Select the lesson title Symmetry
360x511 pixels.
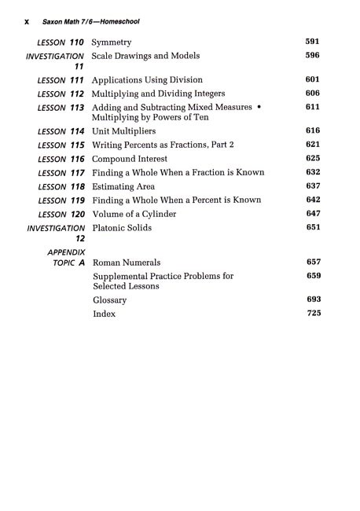coord(112,41)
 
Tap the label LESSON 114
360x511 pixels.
coord(61,131)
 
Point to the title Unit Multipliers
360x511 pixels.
coord(124,131)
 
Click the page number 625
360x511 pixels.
coord(312,159)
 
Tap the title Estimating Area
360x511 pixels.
coord(123,187)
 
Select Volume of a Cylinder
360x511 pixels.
coord(134,215)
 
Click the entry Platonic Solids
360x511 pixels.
coord(122,228)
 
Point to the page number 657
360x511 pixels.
coord(312,262)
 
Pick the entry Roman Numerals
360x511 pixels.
coord(127,263)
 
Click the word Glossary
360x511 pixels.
coord(110,300)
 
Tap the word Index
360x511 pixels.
coord(105,314)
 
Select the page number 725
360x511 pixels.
coord(312,314)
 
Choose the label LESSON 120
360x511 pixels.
coord(61,215)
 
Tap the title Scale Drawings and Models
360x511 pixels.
coord(146,56)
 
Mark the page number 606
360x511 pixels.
coord(312,93)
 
